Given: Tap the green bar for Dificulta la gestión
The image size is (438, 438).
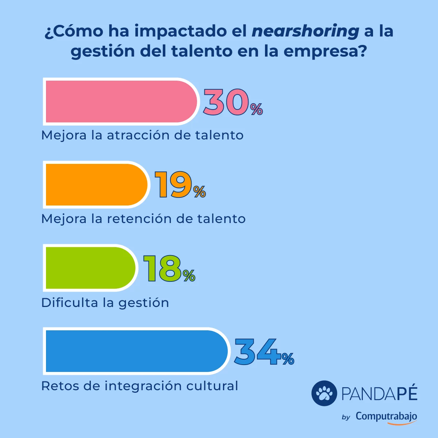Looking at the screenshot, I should [x=90, y=268].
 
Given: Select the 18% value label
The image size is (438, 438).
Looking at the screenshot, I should [x=169, y=269].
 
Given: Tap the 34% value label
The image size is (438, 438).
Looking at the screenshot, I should [x=264, y=352].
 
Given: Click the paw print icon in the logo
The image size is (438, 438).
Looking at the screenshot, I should [x=324, y=393].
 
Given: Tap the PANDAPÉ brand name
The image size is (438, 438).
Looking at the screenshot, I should [x=379, y=393].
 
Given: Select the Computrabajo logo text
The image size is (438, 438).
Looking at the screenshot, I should [x=386, y=416].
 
